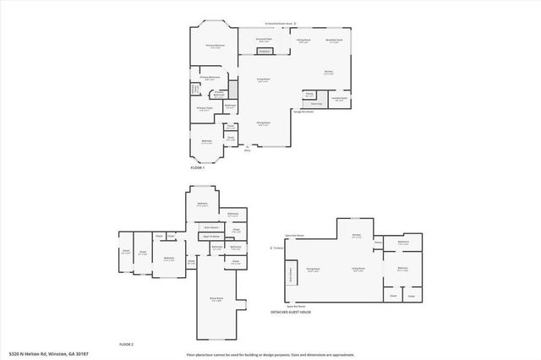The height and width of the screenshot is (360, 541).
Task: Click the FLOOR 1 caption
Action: click(198, 168)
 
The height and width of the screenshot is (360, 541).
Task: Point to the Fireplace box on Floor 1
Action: click(264, 52)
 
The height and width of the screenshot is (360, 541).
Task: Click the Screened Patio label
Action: click(264, 40)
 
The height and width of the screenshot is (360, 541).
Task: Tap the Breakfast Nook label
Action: click(334, 40)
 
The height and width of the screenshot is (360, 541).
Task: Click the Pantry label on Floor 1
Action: click(309, 94)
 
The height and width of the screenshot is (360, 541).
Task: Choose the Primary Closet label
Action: click(205, 108)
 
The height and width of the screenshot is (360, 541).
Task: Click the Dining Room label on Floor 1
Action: click(264, 123)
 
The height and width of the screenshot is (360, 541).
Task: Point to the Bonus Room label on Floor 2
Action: click(216, 298)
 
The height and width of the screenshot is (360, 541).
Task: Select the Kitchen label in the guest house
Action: click(356, 236)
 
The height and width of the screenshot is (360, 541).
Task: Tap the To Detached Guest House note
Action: click(279, 24)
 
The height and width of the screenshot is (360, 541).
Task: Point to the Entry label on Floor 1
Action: click(248, 151)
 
